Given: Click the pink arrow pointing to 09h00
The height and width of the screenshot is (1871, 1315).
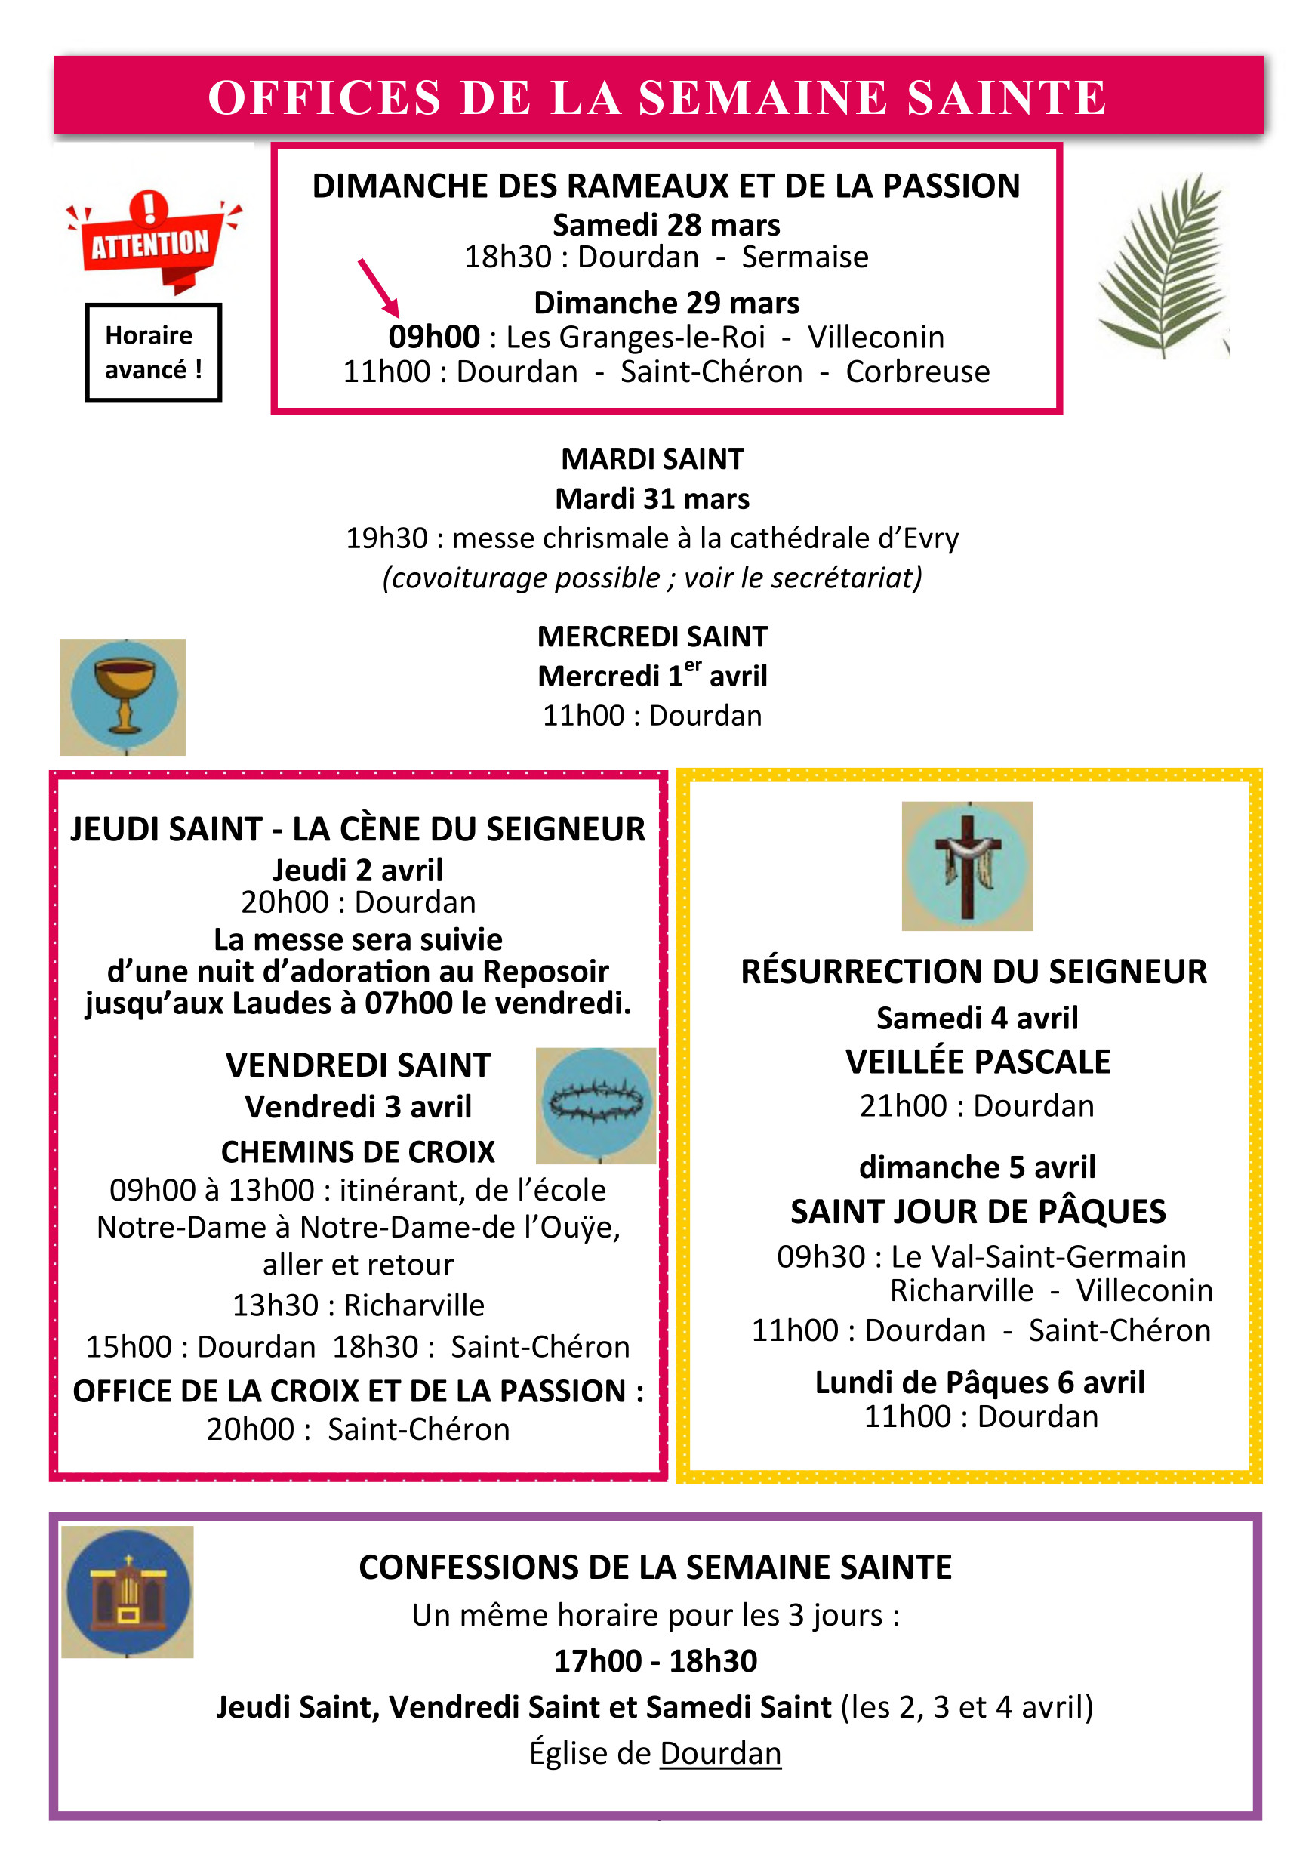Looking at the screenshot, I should tap(379, 288).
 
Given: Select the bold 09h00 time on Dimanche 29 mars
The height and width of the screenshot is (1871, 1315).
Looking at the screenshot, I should tap(434, 338).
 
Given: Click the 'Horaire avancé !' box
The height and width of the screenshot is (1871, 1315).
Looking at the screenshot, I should tap(153, 353).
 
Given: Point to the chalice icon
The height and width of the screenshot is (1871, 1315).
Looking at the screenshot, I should tap(123, 697).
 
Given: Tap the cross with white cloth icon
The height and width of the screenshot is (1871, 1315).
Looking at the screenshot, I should tap(967, 866).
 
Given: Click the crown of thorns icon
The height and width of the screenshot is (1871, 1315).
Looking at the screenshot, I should tap(596, 1105).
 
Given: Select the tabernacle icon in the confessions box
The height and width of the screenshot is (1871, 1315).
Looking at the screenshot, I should tap(128, 1592).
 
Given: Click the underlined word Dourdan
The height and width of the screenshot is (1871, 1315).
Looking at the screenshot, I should tap(720, 1753).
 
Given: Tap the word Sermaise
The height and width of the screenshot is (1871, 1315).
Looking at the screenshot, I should tap(805, 257).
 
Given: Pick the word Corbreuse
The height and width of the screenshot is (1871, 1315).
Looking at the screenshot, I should tap(917, 372).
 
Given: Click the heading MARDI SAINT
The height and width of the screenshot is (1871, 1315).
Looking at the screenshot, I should tap(653, 460).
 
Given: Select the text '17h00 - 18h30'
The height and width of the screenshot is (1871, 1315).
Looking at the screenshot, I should tap(656, 1661).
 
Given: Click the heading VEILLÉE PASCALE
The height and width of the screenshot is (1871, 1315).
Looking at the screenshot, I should tap(978, 1062).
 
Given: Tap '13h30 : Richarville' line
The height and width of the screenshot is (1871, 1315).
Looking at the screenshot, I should tap(359, 1305).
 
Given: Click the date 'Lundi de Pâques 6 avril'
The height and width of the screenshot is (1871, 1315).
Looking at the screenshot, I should tap(980, 1382).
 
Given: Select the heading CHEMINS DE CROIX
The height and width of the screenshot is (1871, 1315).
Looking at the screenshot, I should tap(359, 1152).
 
